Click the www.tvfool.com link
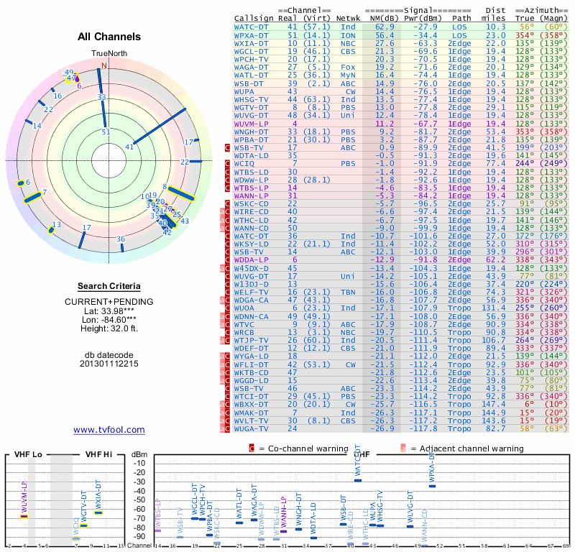pos(109,430)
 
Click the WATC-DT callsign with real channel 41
pos(252,26)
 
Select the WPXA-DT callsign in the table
pos(252,34)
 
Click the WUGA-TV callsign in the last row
pos(252,428)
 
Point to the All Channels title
pos(109,37)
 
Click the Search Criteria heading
pos(109,286)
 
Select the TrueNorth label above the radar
pos(109,54)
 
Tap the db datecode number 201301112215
pos(109,364)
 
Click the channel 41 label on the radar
pos(129,147)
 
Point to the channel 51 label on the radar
pos(106,132)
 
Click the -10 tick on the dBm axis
pos(139,463)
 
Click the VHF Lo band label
pos(27,454)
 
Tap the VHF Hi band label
pos(98,454)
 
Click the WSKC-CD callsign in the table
pos(252,203)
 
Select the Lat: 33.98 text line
pos(109,310)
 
